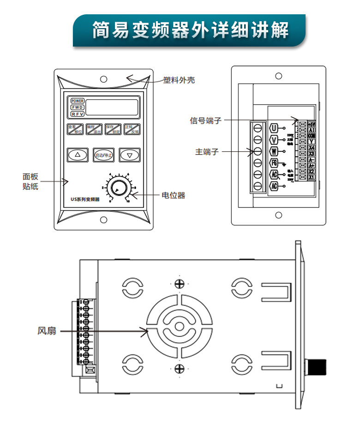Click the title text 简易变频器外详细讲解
tap(190, 30)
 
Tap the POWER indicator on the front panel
tap(77, 101)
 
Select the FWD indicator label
tap(77, 107)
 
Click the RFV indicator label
tap(77, 114)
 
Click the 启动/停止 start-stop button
tap(103, 155)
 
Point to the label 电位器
tap(174, 195)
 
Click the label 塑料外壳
tap(179, 80)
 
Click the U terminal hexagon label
tap(274, 128)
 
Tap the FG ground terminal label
tap(274, 163)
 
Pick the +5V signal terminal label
tap(311, 124)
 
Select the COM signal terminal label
tap(311, 136)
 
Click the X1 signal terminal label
tap(311, 177)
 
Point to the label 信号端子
tap(206, 120)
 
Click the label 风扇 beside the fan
tap(47, 331)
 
